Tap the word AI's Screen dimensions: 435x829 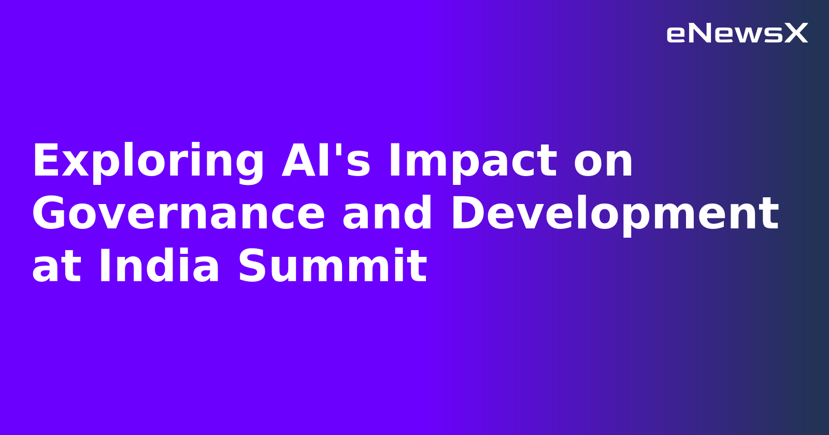[x=326, y=161]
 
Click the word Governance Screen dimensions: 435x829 [x=179, y=214]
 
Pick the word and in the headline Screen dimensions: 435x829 [x=388, y=213]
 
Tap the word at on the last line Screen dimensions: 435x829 [x=56, y=267]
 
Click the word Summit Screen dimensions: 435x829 [x=332, y=266]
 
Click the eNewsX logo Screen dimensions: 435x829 [x=737, y=34]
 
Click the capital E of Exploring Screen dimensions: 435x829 [x=44, y=161]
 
